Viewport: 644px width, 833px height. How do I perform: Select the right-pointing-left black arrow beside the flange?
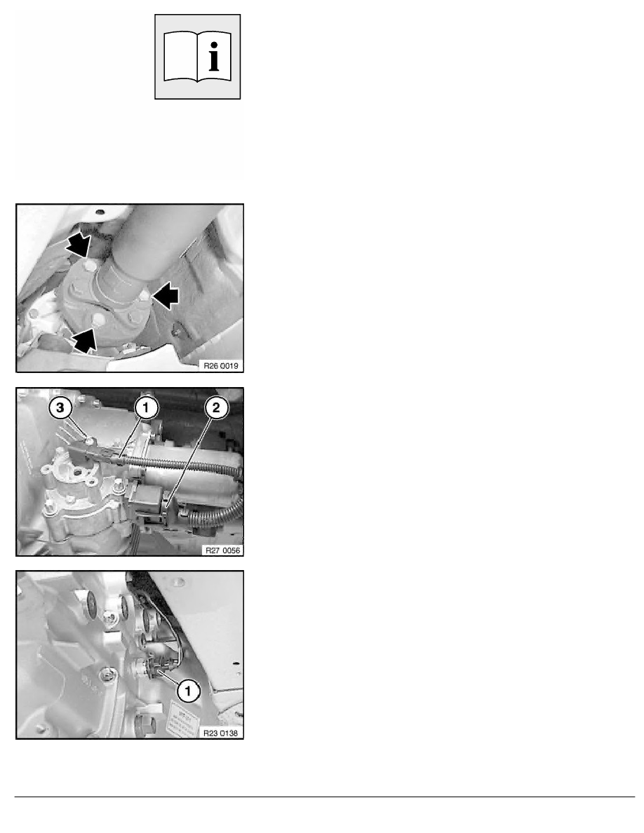point(166,296)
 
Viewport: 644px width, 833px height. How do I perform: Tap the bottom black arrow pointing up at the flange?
point(84,340)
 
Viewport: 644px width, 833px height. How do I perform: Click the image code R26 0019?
point(221,365)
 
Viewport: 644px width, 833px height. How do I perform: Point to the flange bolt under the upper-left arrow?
point(90,264)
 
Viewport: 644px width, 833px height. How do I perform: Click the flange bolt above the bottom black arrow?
point(98,320)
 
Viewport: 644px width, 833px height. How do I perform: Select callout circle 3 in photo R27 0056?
point(60,408)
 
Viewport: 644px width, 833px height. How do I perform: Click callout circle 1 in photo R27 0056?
point(146,408)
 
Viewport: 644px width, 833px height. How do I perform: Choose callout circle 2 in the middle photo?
point(216,408)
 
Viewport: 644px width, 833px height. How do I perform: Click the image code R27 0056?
point(222,550)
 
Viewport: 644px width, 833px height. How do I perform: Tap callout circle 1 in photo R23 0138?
point(187,691)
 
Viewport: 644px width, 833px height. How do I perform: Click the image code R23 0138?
point(220,733)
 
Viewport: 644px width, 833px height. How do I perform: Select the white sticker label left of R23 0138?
point(182,719)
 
